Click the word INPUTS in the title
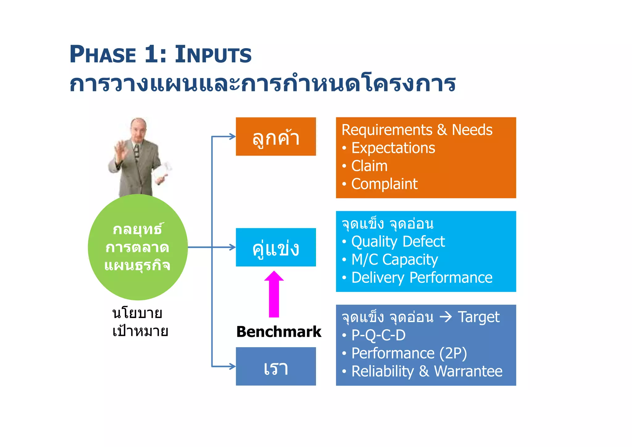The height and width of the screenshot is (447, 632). pyautogui.click(x=213, y=55)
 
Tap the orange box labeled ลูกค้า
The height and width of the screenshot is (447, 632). pyautogui.click(x=276, y=136)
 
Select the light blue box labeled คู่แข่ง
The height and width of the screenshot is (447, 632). pyautogui.click(x=276, y=247)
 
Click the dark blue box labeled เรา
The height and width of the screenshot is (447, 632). pyautogui.click(x=276, y=366)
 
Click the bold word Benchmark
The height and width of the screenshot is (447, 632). pyautogui.click(x=279, y=332)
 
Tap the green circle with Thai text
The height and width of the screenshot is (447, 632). pyautogui.click(x=138, y=247)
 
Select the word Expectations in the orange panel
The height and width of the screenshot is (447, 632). pyautogui.click(x=393, y=148)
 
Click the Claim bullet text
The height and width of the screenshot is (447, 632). pyautogui.click(x=369, y=166)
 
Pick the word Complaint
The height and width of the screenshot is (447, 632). pyautogui.click(x=384, y=184)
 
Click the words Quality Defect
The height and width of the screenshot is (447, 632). pyautogui.click(x=398, y=241)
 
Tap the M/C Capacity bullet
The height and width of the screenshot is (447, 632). pyautogui.click(x=394, y=260)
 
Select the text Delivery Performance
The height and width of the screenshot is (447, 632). pyautogui.click(x=422, y=278)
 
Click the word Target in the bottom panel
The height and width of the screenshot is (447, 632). pyautogui.click(x=478, y=317)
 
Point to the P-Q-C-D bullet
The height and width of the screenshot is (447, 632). pyautogui.click(x=378, y=335)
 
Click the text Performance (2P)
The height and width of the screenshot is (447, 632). pyautogui.click(x=409, y=353)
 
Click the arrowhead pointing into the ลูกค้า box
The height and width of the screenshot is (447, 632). pyautogui.click(x=232, y=136)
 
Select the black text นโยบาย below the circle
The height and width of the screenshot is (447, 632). pyautogui.click(x=137, y=313)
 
